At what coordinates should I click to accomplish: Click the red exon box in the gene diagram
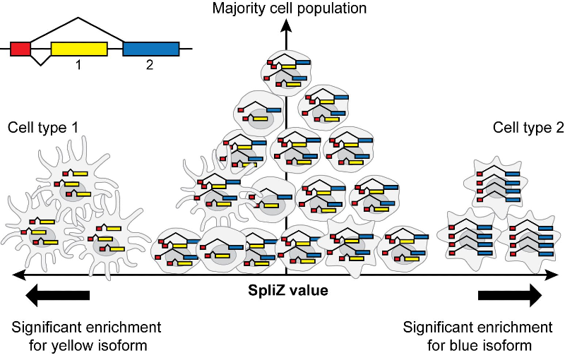coord(20,49)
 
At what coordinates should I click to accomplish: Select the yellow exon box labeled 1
coord(79,49)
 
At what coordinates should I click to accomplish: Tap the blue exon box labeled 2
coord(151,49)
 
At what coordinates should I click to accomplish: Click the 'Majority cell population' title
coord(287,8)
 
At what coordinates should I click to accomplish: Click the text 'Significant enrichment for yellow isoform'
coord(86,337)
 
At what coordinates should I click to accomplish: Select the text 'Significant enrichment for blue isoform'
coord(477,337)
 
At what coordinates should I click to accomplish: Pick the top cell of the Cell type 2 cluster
coord(496,182)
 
